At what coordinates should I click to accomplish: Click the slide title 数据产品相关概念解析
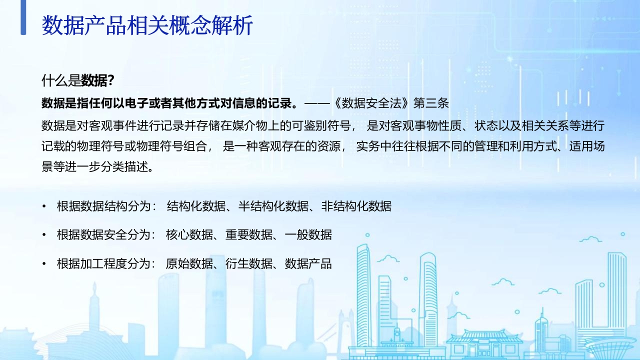click(147, 25)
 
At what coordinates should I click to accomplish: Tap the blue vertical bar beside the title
click(23, 17)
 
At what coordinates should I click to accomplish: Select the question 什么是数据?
click(78, 80)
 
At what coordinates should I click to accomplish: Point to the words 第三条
click(431, 103)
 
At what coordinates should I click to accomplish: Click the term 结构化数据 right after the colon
click(196, 206)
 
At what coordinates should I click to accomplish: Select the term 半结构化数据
click(273, 206)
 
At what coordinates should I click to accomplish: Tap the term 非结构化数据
click(356, 206)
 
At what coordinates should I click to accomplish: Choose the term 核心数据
click(189, 235)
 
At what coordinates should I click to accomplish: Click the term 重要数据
click(249, 235)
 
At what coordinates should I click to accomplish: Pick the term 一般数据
click(308, 235)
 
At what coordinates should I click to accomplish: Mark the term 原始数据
click(189, 263)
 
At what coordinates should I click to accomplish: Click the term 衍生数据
click(249, 263)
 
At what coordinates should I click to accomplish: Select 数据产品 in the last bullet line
click(308, 263)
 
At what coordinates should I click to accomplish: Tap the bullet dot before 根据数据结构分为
click(44, 206)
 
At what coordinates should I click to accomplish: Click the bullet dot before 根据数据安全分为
click(44, 235)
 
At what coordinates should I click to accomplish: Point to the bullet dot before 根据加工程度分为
click(44, 263)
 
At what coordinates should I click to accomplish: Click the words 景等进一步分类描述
click(95, 166)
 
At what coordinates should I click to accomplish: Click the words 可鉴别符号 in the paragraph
click(321, 125)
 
